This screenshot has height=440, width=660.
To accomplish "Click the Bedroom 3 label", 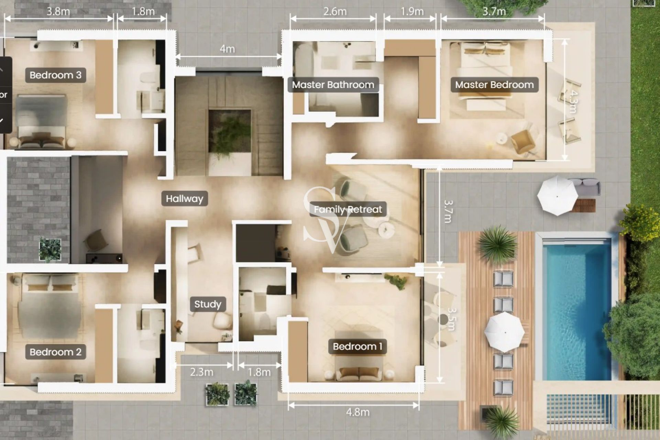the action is [x=55, y=75].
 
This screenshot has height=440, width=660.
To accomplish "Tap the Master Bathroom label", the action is [x=333, y=85].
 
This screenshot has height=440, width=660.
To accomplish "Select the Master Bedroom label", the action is [x=494, y=85].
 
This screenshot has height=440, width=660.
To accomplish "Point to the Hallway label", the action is [x=185, y=198].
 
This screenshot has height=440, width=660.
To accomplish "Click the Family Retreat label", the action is [x=348, y=209].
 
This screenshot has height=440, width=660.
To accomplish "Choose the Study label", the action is [x=208, y=304].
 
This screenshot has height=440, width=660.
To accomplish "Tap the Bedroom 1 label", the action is [x=357, y=346].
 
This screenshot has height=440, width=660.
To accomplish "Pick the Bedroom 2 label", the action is [x=55, y=352].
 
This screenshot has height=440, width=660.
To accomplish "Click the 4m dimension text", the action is [x=227, y=49].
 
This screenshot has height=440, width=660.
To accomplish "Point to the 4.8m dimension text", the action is [x=358, y=412].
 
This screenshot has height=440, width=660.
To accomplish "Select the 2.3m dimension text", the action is [x=201, y=372].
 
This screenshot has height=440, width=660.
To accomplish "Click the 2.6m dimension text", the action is [x=335, y=11].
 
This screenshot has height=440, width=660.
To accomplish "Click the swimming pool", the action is [x=576, y=306].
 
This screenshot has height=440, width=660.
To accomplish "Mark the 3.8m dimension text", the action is [x=58, y=11].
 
